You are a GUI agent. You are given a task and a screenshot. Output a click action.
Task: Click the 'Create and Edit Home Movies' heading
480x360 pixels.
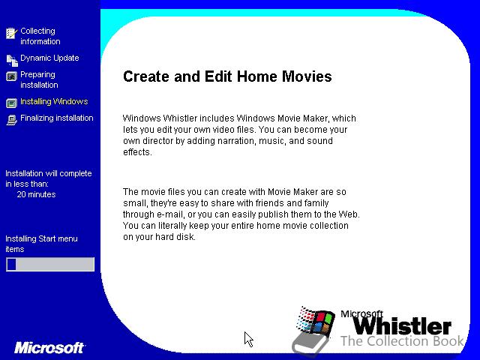click(x=227, y=76)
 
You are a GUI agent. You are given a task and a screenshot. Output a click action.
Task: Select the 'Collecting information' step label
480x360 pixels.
click(x=40, y=36)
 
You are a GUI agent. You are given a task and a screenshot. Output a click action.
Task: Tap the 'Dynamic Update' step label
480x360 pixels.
click(x=49, y=58)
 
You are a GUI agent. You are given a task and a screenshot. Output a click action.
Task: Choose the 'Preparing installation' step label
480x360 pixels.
click(x=39, y=79)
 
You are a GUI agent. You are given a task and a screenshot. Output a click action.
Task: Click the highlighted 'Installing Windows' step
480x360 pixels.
click(x=54, y=101)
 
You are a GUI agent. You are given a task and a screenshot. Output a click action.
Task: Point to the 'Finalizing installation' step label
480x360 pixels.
click(x=57, y=118)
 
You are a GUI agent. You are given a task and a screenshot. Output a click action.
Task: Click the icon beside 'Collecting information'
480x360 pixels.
click(x=11, y=33)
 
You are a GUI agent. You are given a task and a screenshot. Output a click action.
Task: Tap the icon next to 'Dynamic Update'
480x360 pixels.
click(x=12, y=60)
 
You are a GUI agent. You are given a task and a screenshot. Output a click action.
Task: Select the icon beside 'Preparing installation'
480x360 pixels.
click(x=12, y=76)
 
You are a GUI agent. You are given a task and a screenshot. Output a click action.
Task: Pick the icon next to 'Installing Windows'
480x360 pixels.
click(x=12, y=103)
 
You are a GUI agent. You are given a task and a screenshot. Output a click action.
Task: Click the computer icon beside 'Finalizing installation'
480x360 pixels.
click(x=12, y=120)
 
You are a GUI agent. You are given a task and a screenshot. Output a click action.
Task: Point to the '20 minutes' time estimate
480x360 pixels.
click(x=36, y=194)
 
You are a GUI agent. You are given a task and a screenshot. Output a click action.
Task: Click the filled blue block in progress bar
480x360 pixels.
click(x=12, y=264)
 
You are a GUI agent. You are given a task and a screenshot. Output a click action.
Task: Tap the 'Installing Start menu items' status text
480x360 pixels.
click(x=41, y=244)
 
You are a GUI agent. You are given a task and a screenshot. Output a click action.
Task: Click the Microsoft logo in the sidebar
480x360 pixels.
click(x=49, y=348)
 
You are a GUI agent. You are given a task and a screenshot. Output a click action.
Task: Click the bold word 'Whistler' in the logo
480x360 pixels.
click(x=402, y=325)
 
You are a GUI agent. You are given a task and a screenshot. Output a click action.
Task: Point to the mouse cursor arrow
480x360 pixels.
click(x=248, y=339)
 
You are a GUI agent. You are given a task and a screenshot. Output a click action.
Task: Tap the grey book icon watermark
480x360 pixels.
click(x=309, y=344)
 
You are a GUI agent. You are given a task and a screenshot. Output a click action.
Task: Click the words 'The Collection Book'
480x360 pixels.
click(x=402, y=340)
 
